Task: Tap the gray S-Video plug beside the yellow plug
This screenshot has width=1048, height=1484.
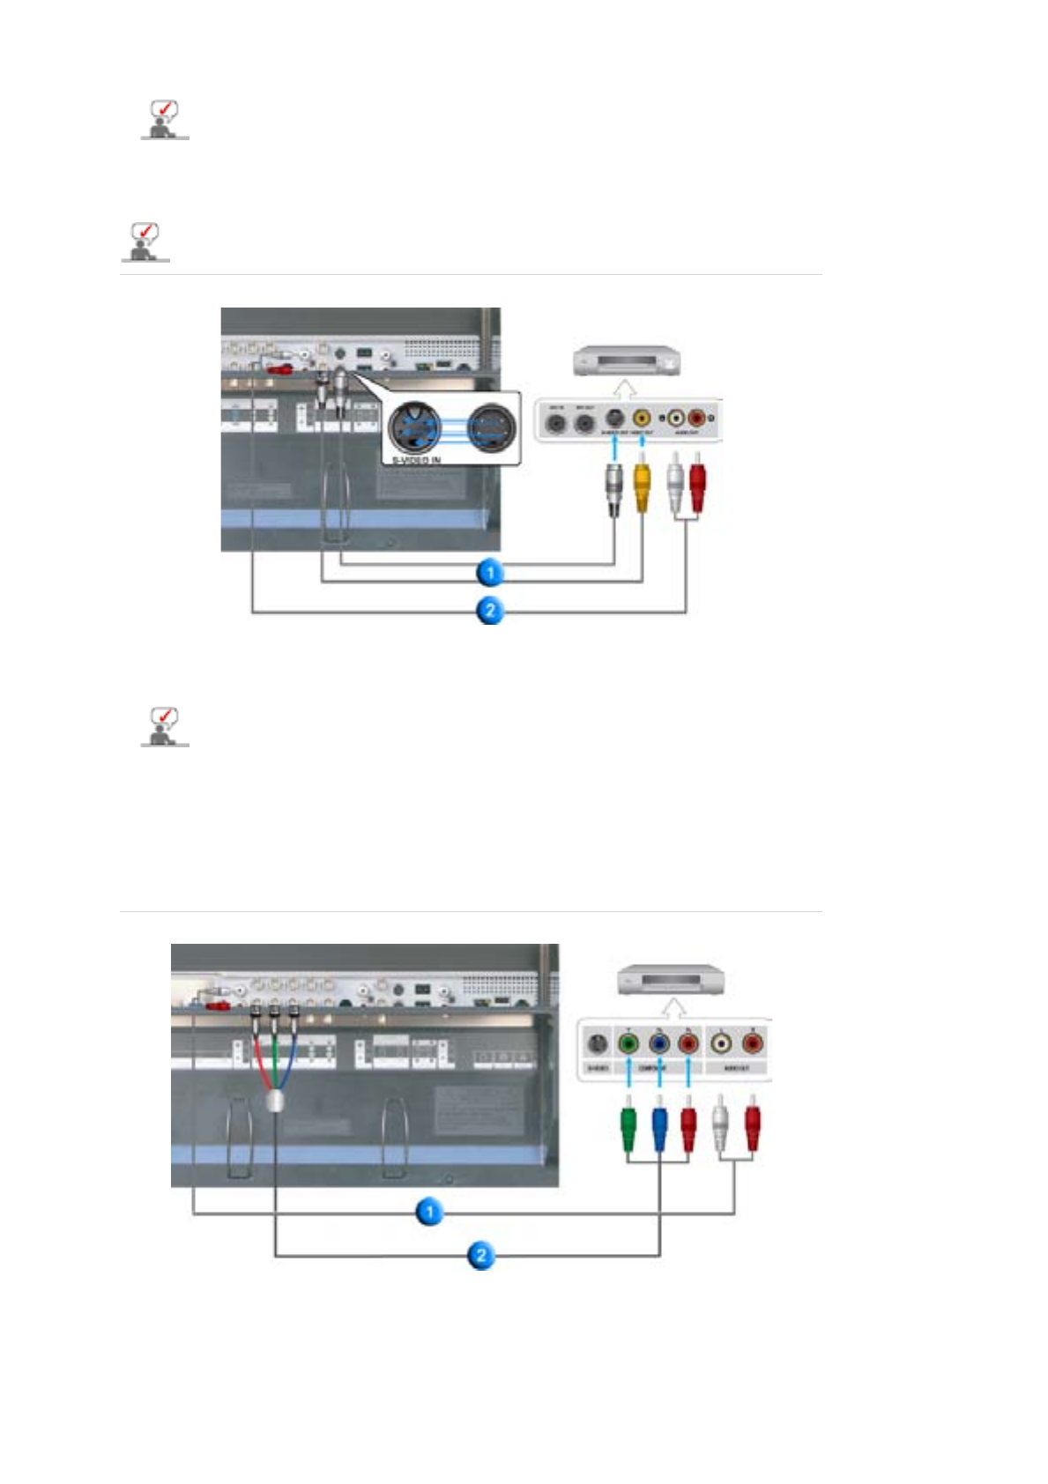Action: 614,486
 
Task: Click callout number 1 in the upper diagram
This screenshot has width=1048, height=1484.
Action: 490,573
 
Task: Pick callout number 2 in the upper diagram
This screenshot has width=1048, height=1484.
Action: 490,610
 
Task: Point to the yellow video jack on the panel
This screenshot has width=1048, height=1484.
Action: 643,419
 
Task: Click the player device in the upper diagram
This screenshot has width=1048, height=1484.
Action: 627,360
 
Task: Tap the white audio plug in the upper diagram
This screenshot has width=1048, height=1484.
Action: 675,486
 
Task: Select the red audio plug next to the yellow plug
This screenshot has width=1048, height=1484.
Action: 697,486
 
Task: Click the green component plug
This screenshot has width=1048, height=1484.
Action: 628,1127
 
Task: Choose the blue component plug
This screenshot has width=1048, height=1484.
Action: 659,1127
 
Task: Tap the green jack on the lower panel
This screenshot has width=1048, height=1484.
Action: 628,1044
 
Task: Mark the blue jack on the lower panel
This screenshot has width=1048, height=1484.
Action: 658,1044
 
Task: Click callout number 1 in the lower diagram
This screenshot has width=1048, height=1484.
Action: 429,1213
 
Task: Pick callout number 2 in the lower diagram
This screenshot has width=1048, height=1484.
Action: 480,1255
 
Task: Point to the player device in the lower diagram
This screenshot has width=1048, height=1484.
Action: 672,979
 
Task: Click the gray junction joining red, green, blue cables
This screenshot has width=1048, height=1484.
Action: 275,1100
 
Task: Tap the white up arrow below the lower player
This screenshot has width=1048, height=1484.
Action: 674,1007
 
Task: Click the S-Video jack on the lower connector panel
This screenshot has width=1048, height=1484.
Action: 597,1044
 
